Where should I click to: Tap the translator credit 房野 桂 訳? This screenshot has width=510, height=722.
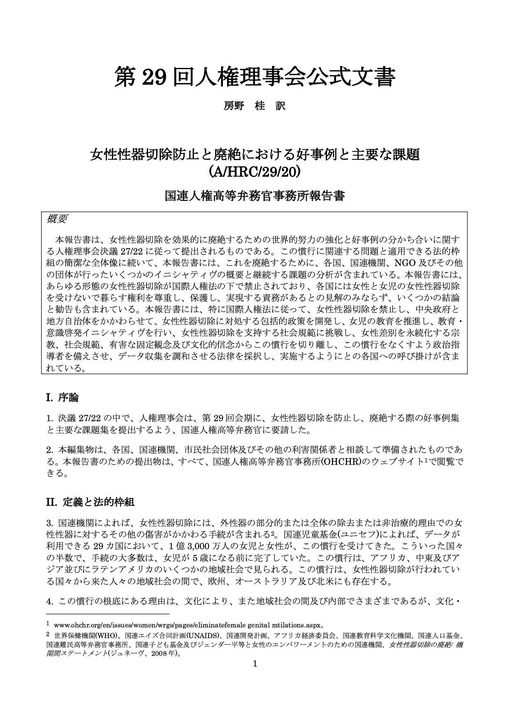coord(254,106)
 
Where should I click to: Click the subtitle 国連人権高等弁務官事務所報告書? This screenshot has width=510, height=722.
coord(255,196)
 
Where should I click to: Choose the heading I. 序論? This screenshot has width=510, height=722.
coord(62,398)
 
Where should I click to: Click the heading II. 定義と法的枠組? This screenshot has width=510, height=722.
coord(90,502)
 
